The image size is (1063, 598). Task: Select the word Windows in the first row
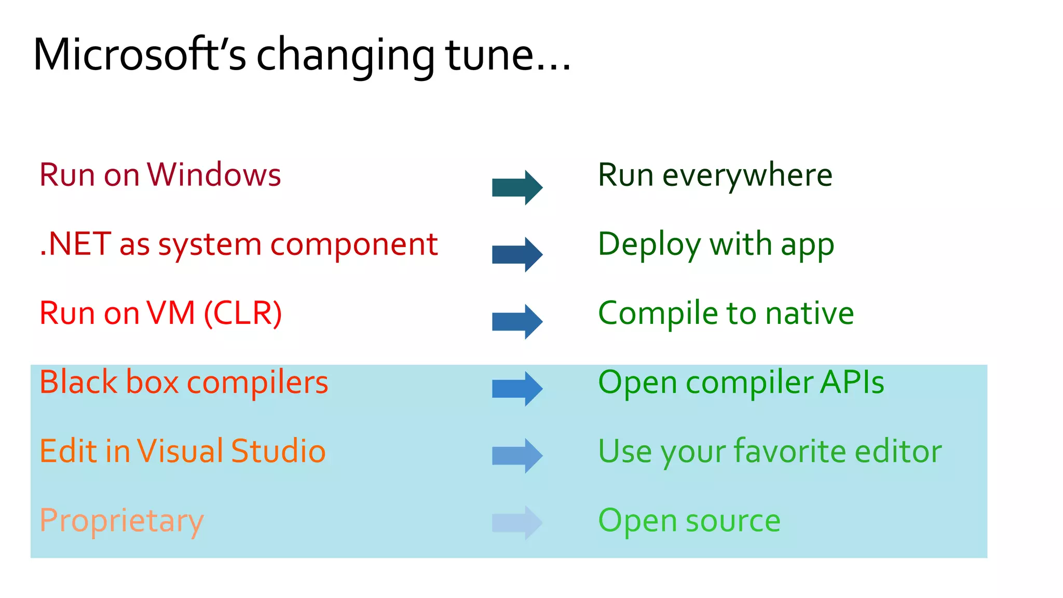pyautogui.click(x=214, y=175)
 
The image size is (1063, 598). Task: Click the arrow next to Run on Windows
pyautogui.click(x=517, y=187)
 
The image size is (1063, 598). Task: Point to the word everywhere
pyautogui.click(x=747, y=175)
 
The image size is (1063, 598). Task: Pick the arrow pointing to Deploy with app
pyautogui.click(x=517, y=254)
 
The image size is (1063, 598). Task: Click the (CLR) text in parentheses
pyautogui.click(x=243, y=314)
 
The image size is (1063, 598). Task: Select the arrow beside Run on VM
pyautogui.click(x=517, y=321)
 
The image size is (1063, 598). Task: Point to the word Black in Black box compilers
pyautogui.click(x=78, y=383)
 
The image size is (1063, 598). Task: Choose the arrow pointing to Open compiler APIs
pyautogui.click(x=517, y=388)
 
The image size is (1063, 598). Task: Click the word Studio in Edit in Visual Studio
pyautogui.click(x=278, y=451)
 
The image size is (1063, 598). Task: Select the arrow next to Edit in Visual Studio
pyautogui.click(x=517, y=455)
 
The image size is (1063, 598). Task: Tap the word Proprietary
pyautogui.click(x=121, y=521)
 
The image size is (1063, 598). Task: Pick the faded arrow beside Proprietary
pyautogui.click(x=517, y=522)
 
